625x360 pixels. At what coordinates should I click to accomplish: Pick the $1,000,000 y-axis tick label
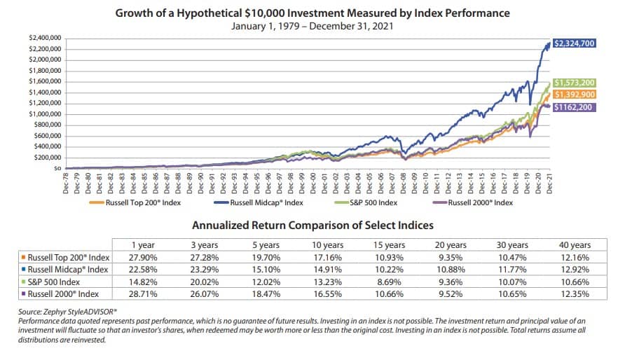pyautogui.click(x=44, y=113)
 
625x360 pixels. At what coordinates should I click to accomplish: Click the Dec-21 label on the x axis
pyautogui.click(x=550, y=184)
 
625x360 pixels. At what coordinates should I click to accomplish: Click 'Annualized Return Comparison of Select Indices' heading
pyautogui.click(x=312, y=225)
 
